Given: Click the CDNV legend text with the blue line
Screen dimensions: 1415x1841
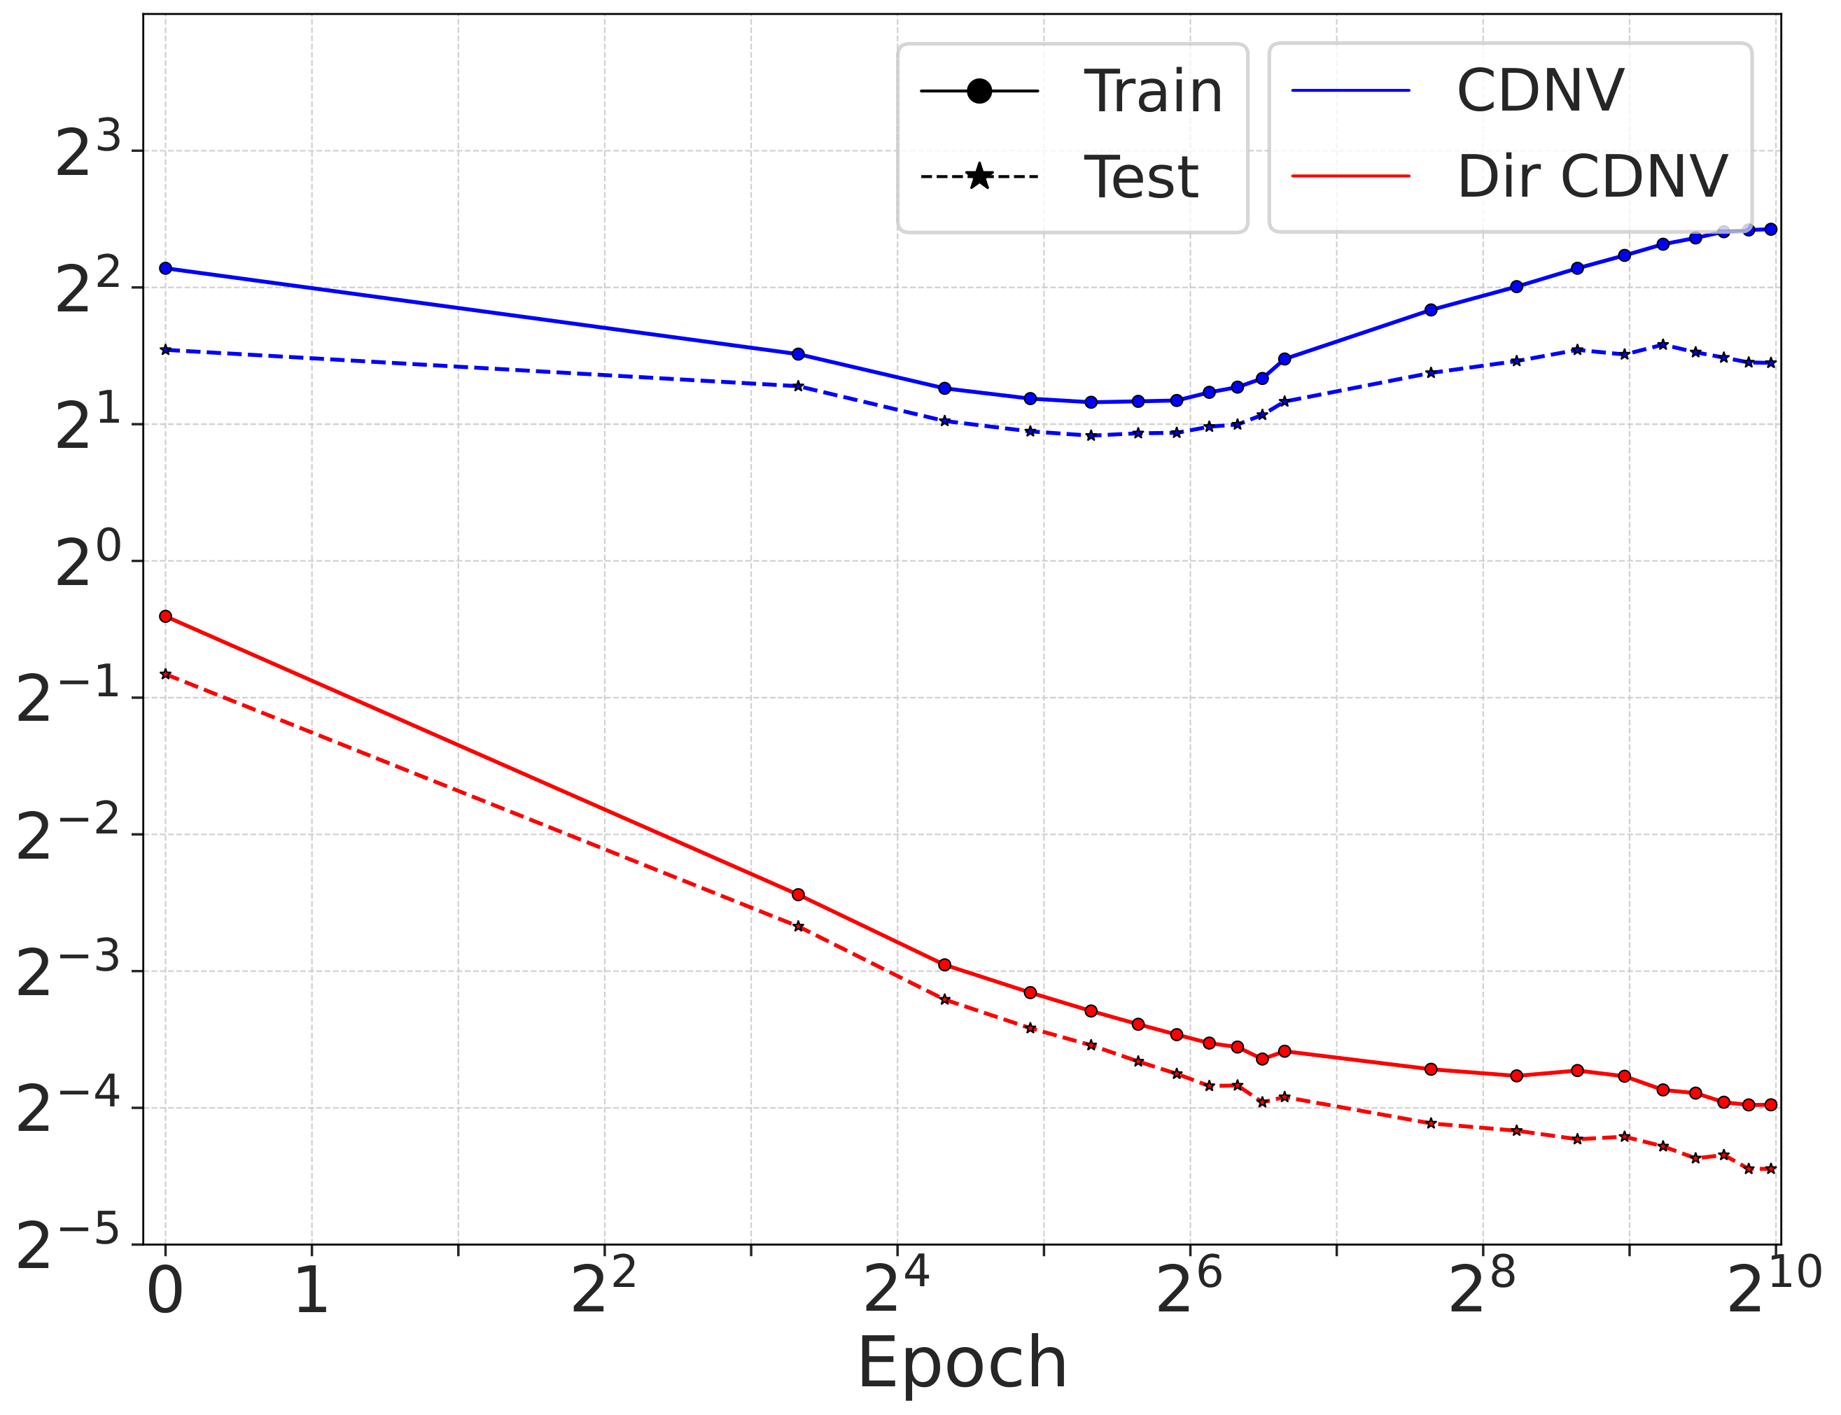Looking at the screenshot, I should click(x=1539, y=90).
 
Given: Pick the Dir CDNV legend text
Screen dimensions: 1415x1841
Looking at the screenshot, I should click(x=1592, y=177).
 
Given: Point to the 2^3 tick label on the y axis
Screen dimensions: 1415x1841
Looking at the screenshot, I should click(x=87, y=152).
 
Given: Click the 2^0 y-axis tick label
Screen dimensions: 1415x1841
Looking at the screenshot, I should click(x=87, y=563).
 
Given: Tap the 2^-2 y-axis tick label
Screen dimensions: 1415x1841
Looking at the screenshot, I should click(x=68, y=836).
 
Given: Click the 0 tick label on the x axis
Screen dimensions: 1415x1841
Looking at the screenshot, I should click(x=165, y=1291).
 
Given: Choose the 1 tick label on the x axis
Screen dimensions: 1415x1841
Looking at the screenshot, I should click(x=311, y=1291).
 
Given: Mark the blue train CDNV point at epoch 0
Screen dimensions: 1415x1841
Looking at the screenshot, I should click(x=166, y=269).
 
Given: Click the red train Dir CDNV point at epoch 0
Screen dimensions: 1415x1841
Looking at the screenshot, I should click(x=166, y=617).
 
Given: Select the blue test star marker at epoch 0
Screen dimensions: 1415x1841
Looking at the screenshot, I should click(x=166, y=349).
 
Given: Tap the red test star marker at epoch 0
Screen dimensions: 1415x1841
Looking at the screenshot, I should click(x=166, y=674).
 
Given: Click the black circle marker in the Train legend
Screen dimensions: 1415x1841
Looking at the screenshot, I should click(x=979, y=91).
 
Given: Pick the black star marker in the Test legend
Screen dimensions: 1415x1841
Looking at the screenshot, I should click(x=979, y=177).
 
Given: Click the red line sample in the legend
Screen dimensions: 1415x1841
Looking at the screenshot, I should click(x=1350, y=177).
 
